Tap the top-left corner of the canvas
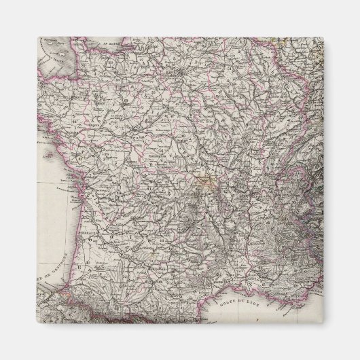point(38,37)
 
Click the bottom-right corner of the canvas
point(323,323)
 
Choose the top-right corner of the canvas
point(323,37)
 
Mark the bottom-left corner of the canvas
point(38,323)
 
